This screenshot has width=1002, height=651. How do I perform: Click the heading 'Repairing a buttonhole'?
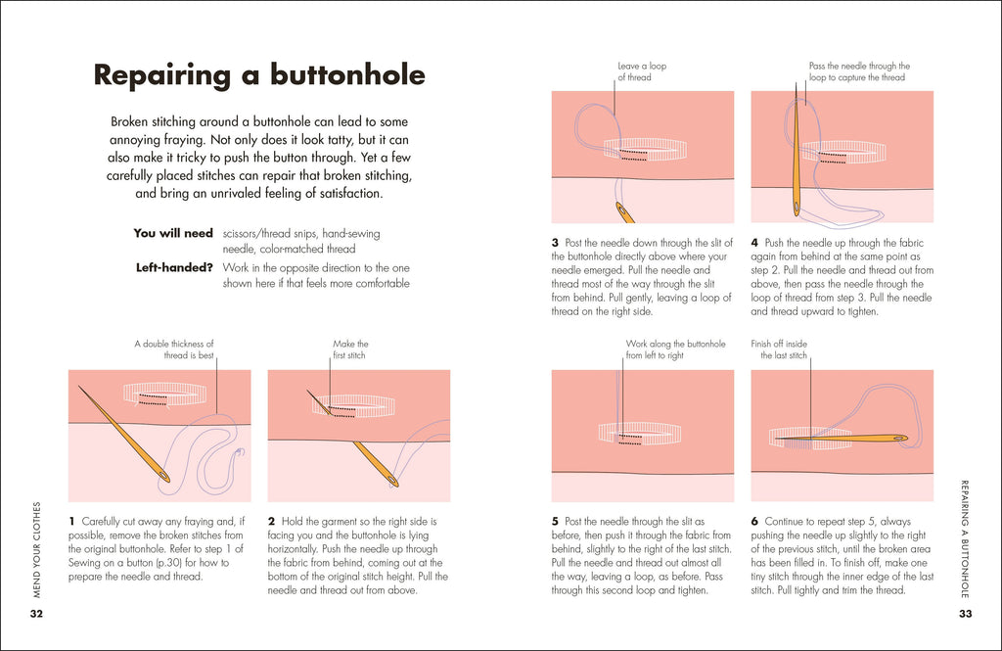(x=258, y=75)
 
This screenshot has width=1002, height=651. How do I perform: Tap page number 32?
(x=36, y=614)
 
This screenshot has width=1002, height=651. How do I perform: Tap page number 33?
(x=965, y=614)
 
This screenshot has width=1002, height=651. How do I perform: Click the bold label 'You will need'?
(x=173, y=234)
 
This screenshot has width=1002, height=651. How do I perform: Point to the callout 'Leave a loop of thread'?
(x=642, y=71)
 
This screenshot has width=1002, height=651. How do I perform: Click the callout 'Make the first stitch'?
(x=350, y=349)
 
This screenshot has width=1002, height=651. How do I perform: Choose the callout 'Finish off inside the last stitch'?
(x=779, y=349)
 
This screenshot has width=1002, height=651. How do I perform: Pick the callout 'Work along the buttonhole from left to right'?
(x=675, y=349)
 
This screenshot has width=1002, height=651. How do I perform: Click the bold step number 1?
(x=72, y=522)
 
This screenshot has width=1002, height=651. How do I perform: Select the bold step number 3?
(x=555, y=243)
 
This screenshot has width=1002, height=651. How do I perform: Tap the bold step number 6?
(x=754, y=522)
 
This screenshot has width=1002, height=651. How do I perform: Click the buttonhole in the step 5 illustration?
(x=640, y=434)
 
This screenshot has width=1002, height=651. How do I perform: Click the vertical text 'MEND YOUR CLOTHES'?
(x=36, y=549)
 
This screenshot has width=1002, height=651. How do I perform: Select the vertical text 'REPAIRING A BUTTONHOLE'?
(x=965, y=537)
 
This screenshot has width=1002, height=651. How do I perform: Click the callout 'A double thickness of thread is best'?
(x=174, y=349)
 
